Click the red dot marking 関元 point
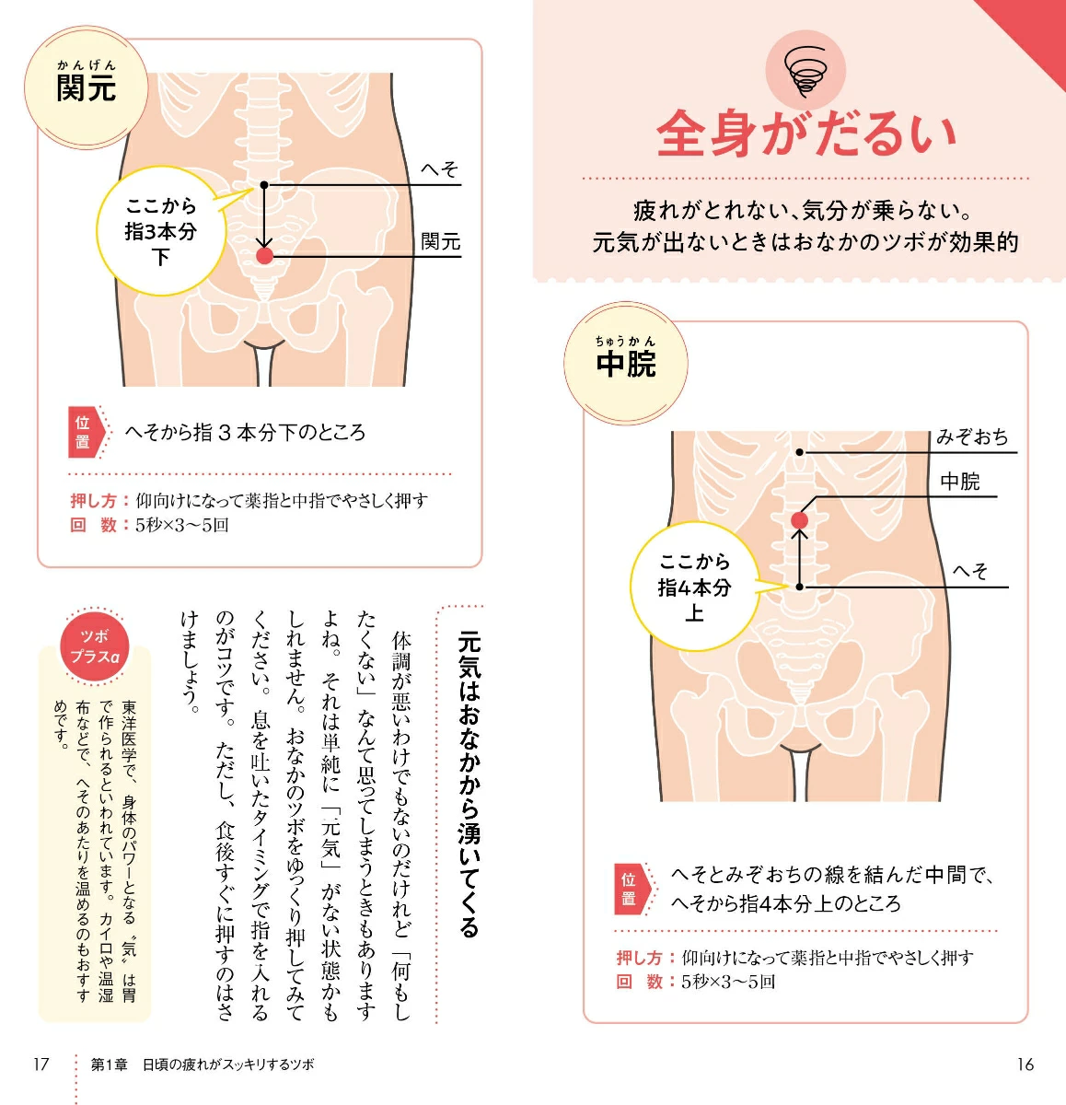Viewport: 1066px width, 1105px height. click(x=264, y=256)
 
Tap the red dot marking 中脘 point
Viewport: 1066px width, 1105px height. click(x=799, y=520)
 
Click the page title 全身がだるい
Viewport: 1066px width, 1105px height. click(x=806, y=134)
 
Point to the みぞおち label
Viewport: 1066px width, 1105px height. click(x=972, y=437)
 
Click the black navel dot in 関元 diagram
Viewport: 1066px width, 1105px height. click(x=264, y=185)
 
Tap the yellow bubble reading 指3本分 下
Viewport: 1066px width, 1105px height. click(x=162, y=231)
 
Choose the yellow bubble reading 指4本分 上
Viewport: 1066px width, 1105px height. click(x=695, y=587)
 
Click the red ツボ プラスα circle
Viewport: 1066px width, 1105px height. click(x=95, y=647)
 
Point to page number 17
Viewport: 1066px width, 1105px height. click(x=41, y=1064)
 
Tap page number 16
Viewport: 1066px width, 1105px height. click(x=1025, y=1064)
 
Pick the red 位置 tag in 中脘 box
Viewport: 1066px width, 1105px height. click(x=632, y=890)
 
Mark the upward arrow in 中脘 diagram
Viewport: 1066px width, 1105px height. click(x=799, y=558)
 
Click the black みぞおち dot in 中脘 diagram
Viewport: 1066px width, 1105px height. click(x=799, y=452)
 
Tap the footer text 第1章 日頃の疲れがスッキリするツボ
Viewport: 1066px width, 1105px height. click(x=203, y=1064)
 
